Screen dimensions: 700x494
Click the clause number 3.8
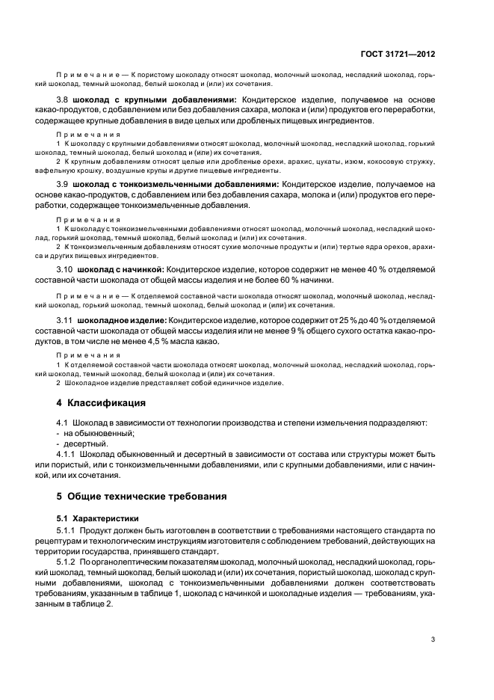(64, 99)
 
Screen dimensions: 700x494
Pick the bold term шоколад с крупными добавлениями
(155, 99)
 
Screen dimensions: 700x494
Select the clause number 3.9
(64, 184)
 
